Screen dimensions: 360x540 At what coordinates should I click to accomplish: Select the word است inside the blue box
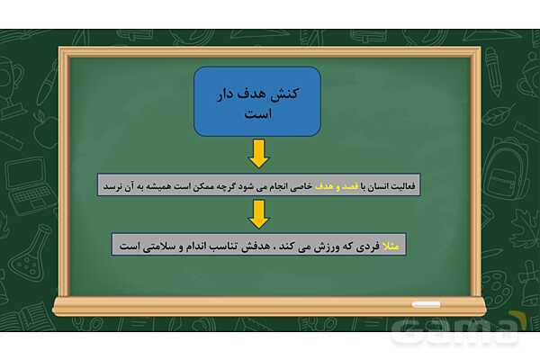click(x=258, y=114)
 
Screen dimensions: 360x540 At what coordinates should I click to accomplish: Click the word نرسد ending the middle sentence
click(x=112, y=188)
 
